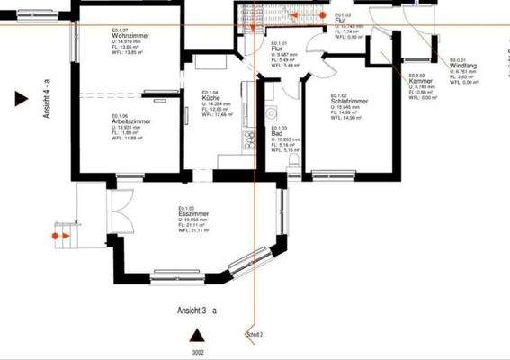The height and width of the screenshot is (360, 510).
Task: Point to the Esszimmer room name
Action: tap(193, 214)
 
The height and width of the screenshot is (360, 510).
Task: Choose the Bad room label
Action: tap(277, 132)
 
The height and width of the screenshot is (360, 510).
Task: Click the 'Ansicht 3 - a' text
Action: tap(197, 308)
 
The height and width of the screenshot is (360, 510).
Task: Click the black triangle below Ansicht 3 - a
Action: tap(190, 335)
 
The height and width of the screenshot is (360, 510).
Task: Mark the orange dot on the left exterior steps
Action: tap(56, 235)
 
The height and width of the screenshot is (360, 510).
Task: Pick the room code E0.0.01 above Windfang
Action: tap(459, 60)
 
